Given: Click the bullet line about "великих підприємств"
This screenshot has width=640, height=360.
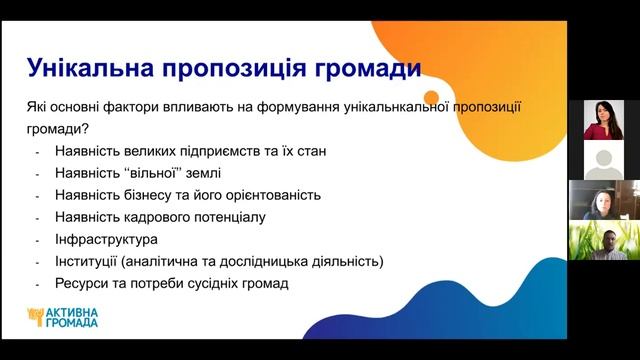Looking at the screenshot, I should click(x=192, y=151).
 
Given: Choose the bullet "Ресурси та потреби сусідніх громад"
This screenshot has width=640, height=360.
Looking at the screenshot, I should click(x=172, y=284).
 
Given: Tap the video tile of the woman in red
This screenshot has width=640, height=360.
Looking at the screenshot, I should click(x=604, y=119).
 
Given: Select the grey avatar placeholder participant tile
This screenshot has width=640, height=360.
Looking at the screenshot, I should click(x=604, y=160).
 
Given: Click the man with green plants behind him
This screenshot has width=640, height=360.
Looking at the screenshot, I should click(x=604, y=240).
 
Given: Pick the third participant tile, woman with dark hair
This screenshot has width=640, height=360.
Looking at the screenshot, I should click(x=604, y=200).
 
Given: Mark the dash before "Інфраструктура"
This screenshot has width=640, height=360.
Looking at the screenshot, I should click(x=37, y=240).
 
